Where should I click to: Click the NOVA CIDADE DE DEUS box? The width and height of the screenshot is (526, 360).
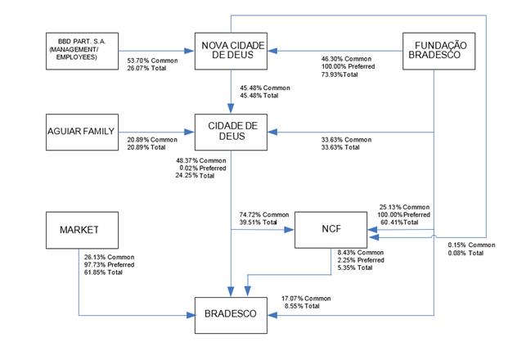tap(234, 50)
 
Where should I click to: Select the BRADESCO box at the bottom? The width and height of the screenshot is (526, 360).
tap(234, 313)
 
